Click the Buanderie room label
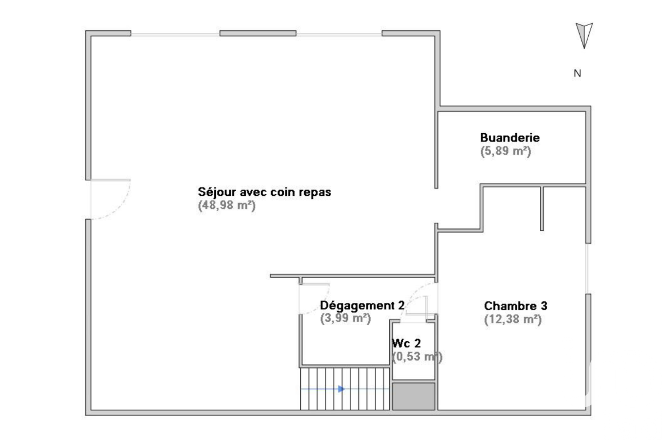coord(510,138)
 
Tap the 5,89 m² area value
coord(506,151)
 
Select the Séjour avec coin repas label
coord(264,192)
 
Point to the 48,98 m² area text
coord(227,205)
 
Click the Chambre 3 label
coord(515,306)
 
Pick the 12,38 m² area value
coord(513,319)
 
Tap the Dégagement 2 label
coord(362,306)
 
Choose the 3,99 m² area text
coord(345,318)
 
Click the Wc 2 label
coord(406,343)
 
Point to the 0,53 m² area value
coord(417,357)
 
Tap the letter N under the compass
coord(577,73)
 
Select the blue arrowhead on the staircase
coord(342,389)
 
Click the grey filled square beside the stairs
coord(413,396)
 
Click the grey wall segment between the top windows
coord(258,33)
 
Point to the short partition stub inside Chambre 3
coord(542,208)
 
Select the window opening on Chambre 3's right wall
coord(588,269)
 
